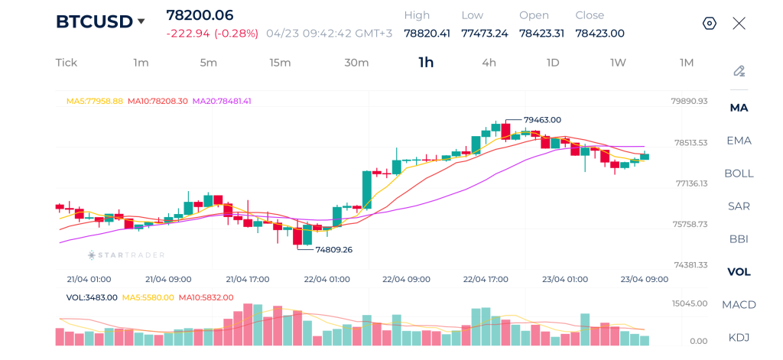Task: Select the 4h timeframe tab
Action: pos(489,63)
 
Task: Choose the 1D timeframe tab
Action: pos(553,63)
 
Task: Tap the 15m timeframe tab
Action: pos(280,63)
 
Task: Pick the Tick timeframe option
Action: pos(67,63)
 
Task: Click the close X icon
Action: pos(739,23)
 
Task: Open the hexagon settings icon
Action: pos(710,23)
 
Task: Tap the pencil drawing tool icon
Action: pos(739,71)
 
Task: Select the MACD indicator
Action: pos(739,305)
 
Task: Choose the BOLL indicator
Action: pos(739,174)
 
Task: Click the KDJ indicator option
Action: pos(739,337)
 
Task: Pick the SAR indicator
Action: pos(739,206)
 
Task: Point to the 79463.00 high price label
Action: pos(543,120)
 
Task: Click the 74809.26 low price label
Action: pos(333,249)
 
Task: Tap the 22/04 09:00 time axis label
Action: pos(406,280)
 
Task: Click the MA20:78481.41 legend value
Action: pos(222,101)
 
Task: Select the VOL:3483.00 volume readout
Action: pos(92,297)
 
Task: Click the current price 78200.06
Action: pos(200,15)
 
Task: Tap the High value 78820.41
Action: pos(427,34)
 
